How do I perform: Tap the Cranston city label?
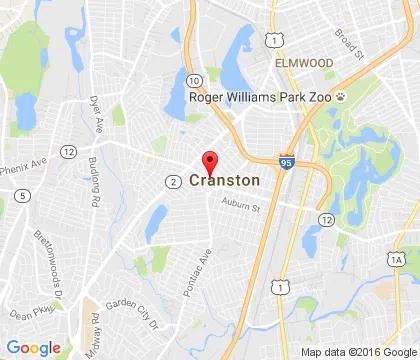point(224,181)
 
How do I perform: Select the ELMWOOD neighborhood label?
point(305,61)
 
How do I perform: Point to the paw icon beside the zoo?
point(341,98)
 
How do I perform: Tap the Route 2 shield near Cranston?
point(173,181)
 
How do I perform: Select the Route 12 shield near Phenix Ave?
point(68,150)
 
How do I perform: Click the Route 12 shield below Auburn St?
point(326,219)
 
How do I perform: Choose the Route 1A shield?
point(398,260)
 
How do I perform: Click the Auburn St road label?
point(240,207)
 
